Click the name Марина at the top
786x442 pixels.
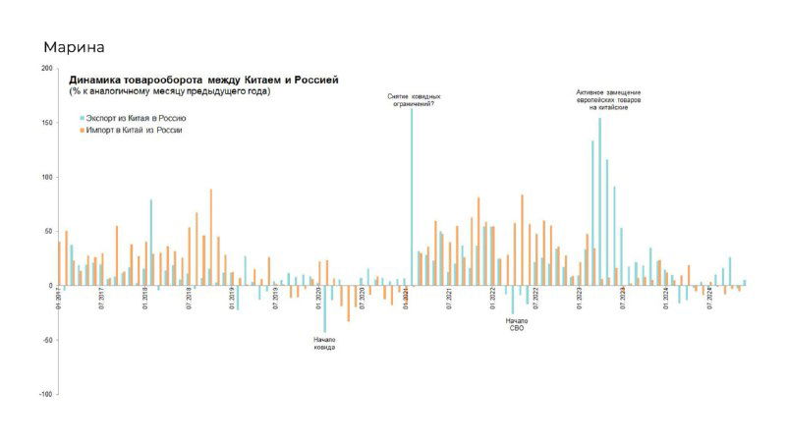pos(74,47)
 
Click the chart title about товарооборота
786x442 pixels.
pos(203,80)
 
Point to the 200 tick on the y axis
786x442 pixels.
pos(47,69)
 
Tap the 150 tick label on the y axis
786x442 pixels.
pos(47,123)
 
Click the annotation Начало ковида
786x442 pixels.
pos(324,344)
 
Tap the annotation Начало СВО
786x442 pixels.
pos(516,325)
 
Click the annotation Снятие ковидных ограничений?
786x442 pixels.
pos(413,99)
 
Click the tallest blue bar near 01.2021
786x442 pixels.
pos(411,196)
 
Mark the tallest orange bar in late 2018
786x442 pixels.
pos(210,237)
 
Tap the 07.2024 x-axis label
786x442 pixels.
pos(709,299)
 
